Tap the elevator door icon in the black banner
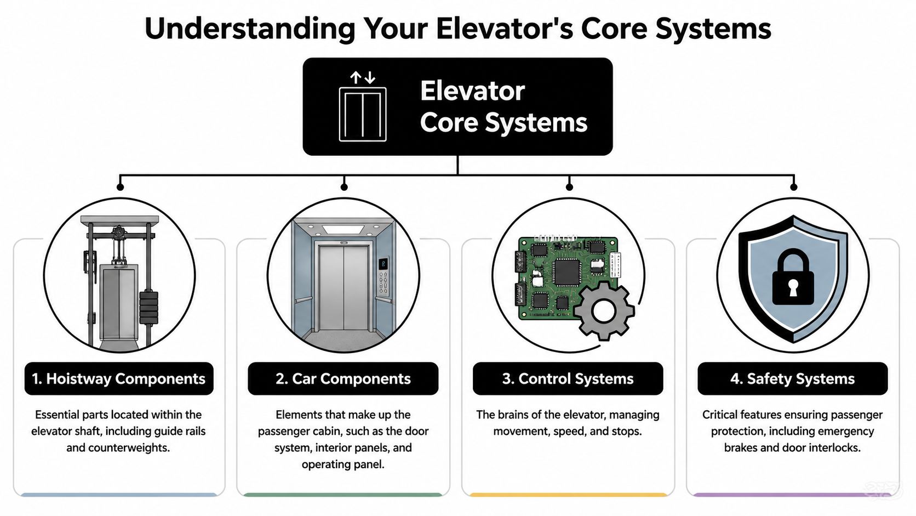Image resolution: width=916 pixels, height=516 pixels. [363, 114]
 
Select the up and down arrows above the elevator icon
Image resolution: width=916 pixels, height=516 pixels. [363, 77]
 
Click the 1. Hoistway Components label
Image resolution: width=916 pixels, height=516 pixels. [119, 378]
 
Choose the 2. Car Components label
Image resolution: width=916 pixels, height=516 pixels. [343, 378]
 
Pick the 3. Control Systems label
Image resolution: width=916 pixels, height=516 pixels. [568, 378]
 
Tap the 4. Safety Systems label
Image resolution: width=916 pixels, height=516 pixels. [792, 378]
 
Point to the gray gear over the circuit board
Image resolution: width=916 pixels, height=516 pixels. [604, 311]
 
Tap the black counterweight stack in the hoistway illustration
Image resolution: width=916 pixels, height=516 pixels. [148, 307]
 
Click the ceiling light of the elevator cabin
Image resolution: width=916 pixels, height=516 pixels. [343, 229]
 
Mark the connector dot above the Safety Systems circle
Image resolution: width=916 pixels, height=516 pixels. [793, 187]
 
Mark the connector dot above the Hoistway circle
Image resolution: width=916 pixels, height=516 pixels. [120, 187]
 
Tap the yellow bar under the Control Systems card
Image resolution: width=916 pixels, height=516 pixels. [568, 495]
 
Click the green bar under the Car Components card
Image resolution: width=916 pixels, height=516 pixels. [343, 495]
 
